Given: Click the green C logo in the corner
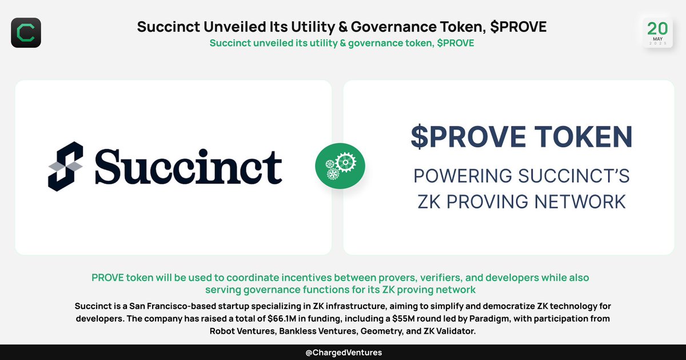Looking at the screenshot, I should [26, 33].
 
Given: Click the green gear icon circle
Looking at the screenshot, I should [340, 166].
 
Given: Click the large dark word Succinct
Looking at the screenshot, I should [188, 167].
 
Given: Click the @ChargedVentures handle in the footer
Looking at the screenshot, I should [343, 353].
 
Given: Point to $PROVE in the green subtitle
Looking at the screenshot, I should [455, 43].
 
